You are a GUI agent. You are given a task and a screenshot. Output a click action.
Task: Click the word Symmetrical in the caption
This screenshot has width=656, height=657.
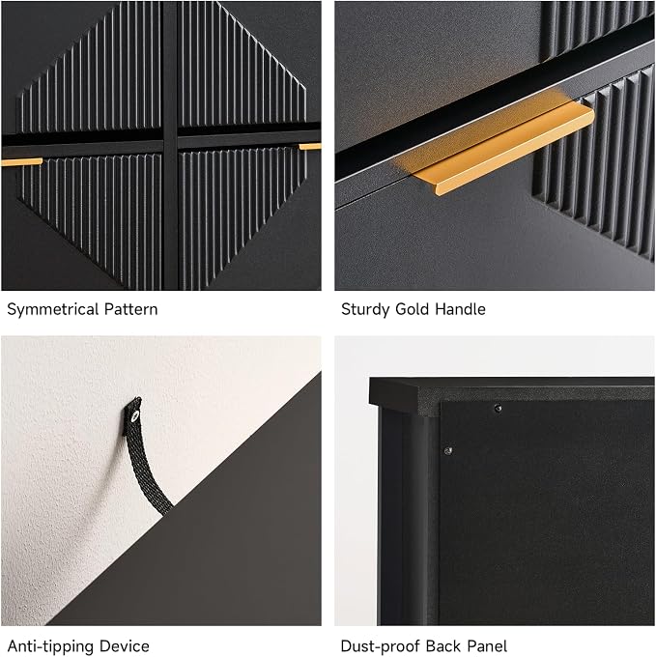(x=53, y=309)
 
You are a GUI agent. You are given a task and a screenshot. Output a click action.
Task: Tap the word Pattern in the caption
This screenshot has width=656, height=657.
(x=131, y=309)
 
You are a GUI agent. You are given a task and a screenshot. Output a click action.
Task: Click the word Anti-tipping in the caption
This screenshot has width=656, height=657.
(x=52, y=646)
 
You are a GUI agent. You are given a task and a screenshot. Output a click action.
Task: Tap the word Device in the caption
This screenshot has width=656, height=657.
(x=126, y=645)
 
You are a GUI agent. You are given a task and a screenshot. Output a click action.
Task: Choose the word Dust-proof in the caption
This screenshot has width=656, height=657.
(x=382, y=646)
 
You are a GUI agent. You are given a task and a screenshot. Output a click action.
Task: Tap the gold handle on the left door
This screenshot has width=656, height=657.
(x=22, y=161)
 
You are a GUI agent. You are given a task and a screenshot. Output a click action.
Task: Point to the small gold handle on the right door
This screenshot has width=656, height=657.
(x=310, y=147)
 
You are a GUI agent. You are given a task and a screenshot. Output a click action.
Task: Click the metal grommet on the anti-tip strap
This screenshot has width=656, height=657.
(x=134, y=416)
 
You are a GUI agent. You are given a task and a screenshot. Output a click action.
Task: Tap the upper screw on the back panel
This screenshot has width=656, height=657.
(x=498, y=408)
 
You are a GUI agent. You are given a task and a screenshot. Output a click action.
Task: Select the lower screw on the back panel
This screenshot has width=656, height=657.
(x=448, y=451)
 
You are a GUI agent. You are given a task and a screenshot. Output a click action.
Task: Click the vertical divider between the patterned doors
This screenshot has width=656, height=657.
(x=170, y=145)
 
